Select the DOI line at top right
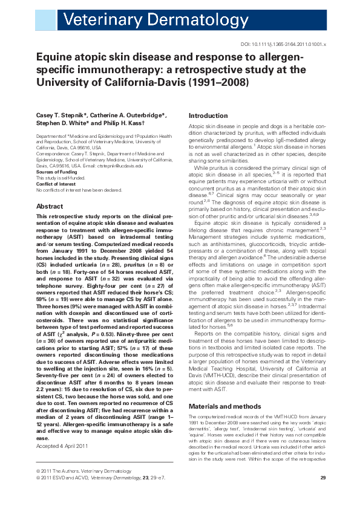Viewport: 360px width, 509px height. coord(284,45)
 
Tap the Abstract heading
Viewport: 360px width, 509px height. coord(50,206)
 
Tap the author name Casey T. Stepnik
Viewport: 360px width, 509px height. coord(61,115)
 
